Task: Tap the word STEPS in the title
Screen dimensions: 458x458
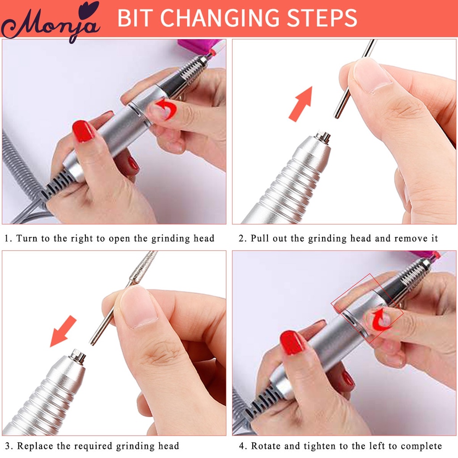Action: coord(326,18)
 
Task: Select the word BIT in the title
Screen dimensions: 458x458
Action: coord(136,18)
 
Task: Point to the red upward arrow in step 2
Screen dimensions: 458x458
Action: coord(300,104)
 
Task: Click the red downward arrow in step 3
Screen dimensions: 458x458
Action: coord(63,331)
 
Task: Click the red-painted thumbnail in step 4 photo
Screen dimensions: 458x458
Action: coord(291,343)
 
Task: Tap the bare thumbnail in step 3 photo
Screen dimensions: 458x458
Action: coord(138,306)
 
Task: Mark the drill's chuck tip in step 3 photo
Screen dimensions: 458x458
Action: coord(78,356)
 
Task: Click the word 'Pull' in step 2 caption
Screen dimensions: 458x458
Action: coord(259,238)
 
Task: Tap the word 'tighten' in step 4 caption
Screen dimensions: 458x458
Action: coord(330,446)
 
